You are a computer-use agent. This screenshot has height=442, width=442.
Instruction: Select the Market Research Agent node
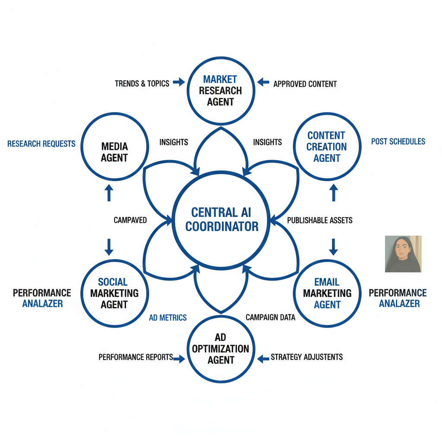(221, 91)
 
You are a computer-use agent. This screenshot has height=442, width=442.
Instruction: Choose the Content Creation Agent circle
(327, 147)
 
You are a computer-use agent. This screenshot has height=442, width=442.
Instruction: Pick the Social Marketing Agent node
(113, 293)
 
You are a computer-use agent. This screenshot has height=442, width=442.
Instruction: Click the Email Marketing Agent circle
(327, 293)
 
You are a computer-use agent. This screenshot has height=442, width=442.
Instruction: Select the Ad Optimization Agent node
(221, 349)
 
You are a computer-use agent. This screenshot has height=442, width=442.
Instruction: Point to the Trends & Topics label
(142, 83)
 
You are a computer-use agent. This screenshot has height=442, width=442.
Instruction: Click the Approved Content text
(305, 84)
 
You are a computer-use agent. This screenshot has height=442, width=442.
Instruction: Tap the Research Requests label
(41, 144)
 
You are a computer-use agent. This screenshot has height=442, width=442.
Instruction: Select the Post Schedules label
(398, 141)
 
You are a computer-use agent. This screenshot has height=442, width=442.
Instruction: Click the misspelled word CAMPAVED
(130, 220)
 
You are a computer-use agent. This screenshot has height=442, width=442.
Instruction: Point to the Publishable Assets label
(320, 220)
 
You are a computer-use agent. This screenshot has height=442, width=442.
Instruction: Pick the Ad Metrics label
(168, 318)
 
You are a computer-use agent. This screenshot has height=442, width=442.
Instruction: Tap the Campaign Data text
(270, 317)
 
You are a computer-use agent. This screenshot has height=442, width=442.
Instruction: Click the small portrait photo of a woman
(403, 254)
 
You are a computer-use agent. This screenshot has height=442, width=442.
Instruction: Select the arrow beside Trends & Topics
(178, 82)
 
